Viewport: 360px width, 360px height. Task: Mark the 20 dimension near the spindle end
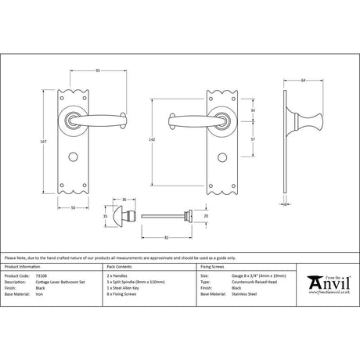tap(206, 215)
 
